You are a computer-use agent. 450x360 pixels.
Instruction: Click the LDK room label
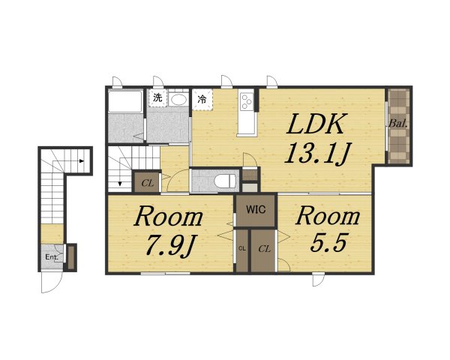click(x=315, y=124)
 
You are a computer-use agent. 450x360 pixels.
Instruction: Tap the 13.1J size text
click(x=317, y=153)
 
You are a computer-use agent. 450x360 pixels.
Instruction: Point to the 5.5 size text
click(x=329, y=242)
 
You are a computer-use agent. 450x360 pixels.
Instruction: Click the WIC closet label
click(x=256, y=209)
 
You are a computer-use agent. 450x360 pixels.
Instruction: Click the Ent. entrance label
click(x=52, y=257)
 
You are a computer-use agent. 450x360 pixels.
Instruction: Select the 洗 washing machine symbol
click(x=157, y=98)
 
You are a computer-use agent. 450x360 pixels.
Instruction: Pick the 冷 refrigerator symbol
click(x=202, y=100)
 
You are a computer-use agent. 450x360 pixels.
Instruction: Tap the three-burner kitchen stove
click(x=247, y=102)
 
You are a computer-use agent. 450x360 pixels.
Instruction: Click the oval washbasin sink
click(x=178, y=99)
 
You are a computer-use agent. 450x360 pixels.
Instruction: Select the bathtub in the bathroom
click(x=125, y=101)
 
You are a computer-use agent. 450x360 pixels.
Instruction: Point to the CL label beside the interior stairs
click(x=148, y=183)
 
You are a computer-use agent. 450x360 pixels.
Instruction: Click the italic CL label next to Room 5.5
click(x=264, y=249)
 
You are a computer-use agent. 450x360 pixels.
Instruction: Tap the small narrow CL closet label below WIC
click(x=242, y=248)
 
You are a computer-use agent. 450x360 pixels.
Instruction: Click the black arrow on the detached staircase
click(x=82, y=161)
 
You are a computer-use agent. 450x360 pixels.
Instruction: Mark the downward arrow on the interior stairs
click(x=120, y=184)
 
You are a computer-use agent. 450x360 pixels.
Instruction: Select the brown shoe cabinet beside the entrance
click(x=71, y=257)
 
